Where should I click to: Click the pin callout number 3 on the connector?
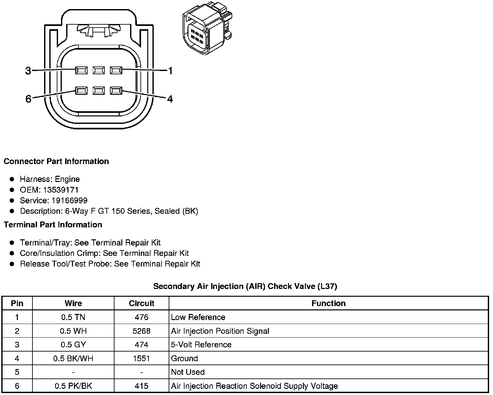tap(28, 70)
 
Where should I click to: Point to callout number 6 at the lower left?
tap(28, 99)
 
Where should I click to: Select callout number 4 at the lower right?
tap(170, 99)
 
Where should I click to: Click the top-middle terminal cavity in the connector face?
tap(99, 70)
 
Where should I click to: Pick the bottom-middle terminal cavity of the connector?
tap(99, 91)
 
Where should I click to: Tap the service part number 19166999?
tap(69, 200)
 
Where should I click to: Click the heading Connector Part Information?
tap(56, 162)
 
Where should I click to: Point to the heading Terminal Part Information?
tap(53, 225)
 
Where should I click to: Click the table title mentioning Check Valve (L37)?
tap(245, 286)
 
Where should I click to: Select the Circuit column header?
tap(141, 303)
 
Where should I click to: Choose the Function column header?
tap(328, 303)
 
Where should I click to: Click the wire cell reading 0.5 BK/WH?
tap(73, 358)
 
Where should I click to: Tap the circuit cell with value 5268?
tap(141, 331)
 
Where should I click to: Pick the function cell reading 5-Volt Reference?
tap(201, 344)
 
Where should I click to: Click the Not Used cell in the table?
tap(188, 372)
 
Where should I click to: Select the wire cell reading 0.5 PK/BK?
tap(73, 386)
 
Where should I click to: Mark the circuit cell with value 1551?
tap(141, 358)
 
